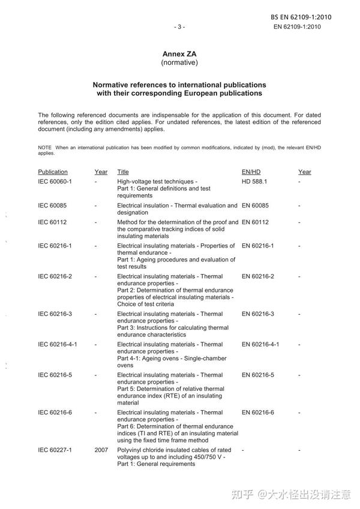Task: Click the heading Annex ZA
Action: click(x=179, y=54)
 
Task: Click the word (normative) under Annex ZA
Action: click(x=179, y=62)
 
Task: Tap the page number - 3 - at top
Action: click(x=179, y=26)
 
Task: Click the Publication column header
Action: click(x=53, y=172)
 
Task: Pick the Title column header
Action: click(x=123, y=172)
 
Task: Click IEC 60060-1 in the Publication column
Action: click(x=55, y=181)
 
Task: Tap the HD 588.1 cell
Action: click(x=254, y=181)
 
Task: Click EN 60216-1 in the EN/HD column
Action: click(x=258, y=246)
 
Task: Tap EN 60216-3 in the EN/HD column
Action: click(x=258, y=314)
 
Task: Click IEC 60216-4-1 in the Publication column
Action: click(x=58, y=345)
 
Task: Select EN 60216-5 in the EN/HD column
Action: click(x=258, y=375)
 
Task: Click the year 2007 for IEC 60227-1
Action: click(x=101, y=450)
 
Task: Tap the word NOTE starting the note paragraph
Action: click(x=45, y=147)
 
